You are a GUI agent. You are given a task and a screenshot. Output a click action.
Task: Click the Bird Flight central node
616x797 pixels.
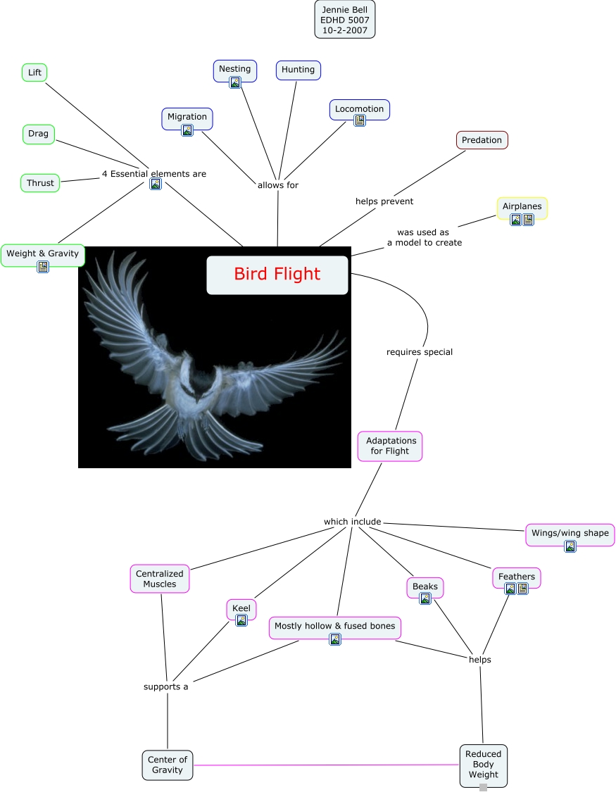(277, 275)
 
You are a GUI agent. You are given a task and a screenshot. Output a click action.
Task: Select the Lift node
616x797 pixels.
(34, 73)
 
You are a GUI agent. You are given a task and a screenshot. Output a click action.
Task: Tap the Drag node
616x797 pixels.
(39, 134)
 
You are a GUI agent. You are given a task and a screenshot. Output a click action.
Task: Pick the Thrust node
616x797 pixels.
(40, 183)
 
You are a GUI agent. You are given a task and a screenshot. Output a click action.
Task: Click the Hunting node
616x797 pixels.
(298, 70)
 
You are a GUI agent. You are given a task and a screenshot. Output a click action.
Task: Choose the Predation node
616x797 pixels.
(482, 140)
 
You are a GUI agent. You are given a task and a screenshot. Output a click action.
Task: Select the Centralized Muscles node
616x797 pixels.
(159, 579)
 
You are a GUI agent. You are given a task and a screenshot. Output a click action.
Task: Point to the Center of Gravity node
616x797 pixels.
(168, 765)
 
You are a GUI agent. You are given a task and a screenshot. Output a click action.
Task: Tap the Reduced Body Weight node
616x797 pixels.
(483, 765)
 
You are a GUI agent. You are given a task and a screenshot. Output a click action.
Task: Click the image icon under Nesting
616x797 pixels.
(235, 82)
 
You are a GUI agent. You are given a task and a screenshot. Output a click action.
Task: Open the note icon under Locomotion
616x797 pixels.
(360, 120)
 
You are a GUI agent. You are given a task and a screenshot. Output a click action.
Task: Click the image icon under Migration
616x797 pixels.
(187, 130)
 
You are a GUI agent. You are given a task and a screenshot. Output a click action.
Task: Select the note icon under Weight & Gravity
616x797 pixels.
(43, 266)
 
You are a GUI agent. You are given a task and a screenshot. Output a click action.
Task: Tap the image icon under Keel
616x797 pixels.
(241, 620)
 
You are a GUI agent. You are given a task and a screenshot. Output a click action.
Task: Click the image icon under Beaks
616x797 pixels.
(425, 598)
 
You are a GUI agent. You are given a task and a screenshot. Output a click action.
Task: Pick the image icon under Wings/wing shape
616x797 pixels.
(570, 546)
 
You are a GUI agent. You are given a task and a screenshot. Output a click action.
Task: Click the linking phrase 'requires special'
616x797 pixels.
(420, 352)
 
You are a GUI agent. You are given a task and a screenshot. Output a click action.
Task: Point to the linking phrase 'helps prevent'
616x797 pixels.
(384, 201)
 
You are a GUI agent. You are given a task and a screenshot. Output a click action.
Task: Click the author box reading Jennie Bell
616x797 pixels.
(345, 20)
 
